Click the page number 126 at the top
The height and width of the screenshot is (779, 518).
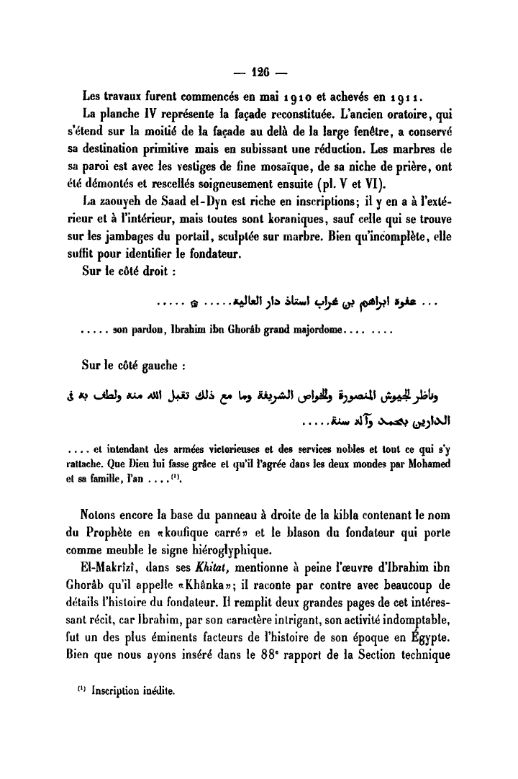(260, 72)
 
